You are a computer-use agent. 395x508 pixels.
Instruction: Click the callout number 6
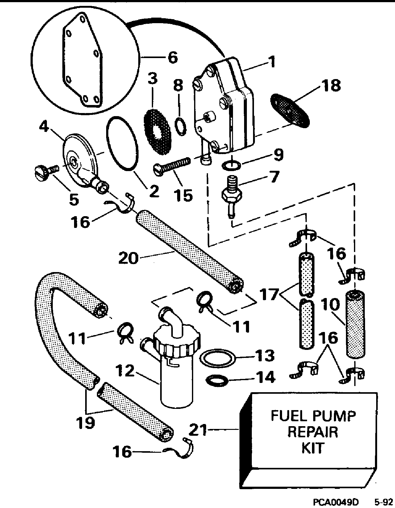pyautogui.click(x=173, y=57)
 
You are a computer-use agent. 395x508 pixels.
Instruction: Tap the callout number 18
pyautogui.click(x=331, y=85)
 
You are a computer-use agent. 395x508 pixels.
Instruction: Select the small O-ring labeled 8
pyautogui.click(x=181, y=127)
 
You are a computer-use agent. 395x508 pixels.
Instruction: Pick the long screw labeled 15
pyautogui.click(x=173, y=165)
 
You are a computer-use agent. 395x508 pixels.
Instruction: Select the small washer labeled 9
pyautogui.click(x=231, y=165)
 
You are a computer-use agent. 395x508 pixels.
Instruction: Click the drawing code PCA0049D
pyautogui.click(x=336, y=502)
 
